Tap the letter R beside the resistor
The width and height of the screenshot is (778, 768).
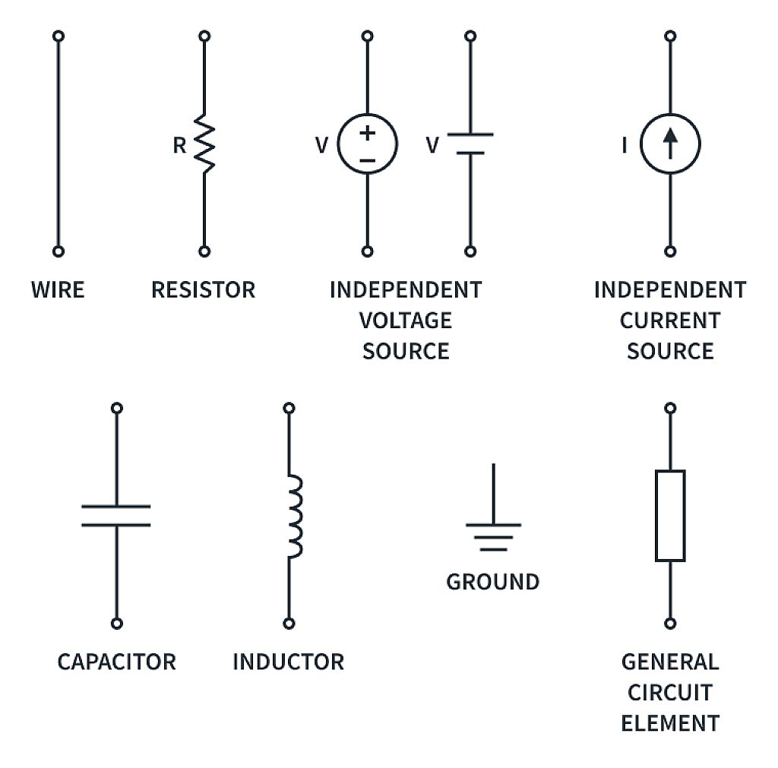[x=179, y=146]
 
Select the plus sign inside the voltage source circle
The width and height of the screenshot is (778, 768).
[x=368, y=133]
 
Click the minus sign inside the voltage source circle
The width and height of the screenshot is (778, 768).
[x=368, y=160]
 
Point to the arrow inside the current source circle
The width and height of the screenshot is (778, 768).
[x=669, y=143]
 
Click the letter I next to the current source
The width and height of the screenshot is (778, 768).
[x=625, y=145]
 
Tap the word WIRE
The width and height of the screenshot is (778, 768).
[x=58, y=290]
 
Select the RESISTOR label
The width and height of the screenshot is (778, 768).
[x=203, y=290]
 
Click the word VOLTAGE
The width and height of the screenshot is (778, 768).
[x=405, y=321]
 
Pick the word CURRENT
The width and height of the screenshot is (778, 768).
[x=669, y=321]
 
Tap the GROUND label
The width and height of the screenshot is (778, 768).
[x=492, y=582]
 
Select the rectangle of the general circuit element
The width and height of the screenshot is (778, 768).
[x=669, y=516]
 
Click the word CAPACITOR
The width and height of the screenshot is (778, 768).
[x=116, y=662]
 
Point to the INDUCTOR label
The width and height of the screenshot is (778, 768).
[x=288, y=662]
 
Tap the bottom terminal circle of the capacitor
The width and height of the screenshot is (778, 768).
[x=116, y=623]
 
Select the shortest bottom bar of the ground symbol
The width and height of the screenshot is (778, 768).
[x=493, y=548]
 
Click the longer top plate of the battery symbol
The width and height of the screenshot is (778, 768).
[x=470, y=134]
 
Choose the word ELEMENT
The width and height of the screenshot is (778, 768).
[x=669, y=723]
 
